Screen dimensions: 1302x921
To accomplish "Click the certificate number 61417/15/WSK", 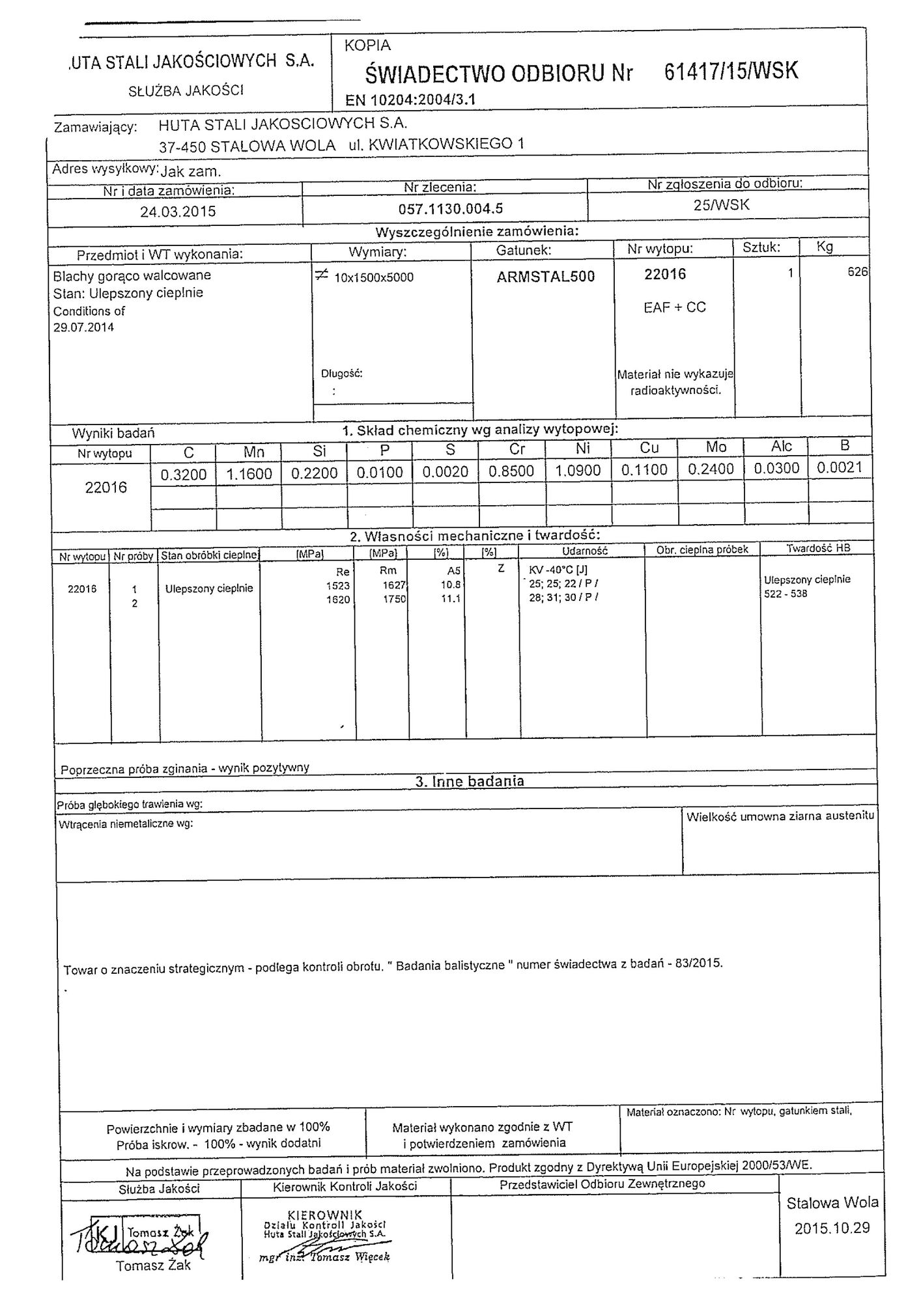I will [731, 70].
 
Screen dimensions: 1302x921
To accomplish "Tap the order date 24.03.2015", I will [178, 212].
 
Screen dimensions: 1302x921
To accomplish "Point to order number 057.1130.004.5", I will [451, 209].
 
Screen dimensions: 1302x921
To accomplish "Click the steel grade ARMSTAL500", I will [545, 277].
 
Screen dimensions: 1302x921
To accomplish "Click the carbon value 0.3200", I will [183, 474].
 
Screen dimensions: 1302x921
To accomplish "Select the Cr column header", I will [517, 449].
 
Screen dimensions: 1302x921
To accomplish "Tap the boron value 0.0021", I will [840, 467].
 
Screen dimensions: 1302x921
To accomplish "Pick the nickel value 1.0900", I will [578, 471].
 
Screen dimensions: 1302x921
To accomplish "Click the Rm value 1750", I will [395, 599].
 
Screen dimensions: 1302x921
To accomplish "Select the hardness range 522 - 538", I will [786, 594].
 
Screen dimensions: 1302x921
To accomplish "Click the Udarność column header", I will [584, 551].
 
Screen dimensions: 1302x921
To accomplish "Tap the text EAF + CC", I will [674, 307].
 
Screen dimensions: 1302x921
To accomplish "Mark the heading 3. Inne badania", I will [469, 781].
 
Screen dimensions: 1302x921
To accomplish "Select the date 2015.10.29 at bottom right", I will [832, 1228].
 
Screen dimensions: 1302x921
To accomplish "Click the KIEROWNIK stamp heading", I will [324, 1215].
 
